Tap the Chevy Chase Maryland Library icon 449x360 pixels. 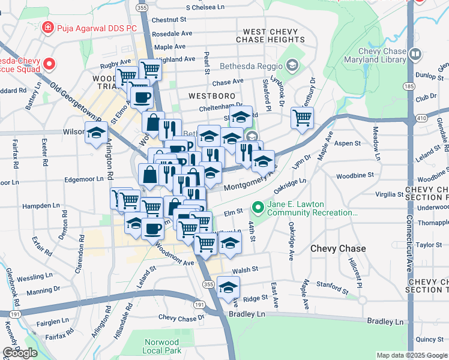pos(415,55)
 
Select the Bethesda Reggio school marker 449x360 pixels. pos(292,65)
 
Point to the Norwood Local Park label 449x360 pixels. pos(162,346)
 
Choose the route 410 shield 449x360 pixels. pos(422,119)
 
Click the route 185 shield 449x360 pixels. pos(409,87)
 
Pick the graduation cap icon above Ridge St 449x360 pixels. pos(228,287)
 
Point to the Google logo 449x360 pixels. pos(20,353)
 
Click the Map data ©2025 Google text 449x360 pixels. pos(412,355)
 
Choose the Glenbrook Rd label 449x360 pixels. pos(11,286)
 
